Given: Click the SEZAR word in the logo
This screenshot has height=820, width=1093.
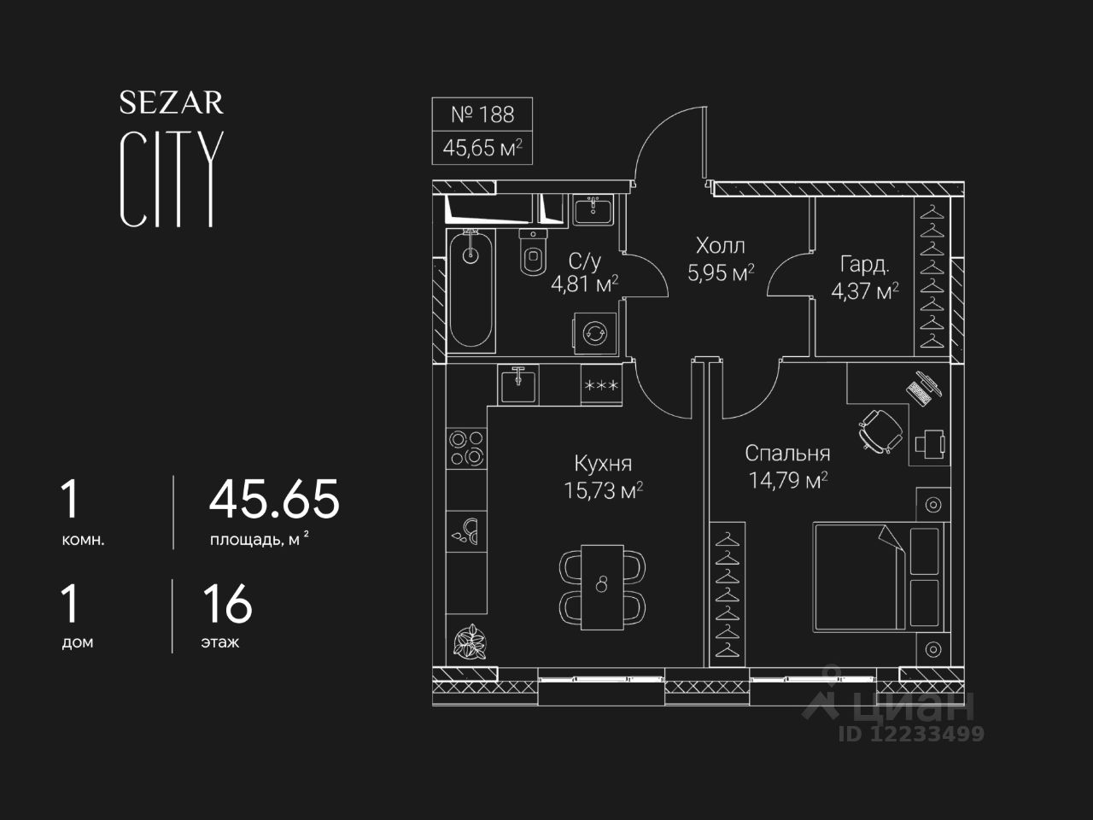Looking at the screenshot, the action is pyautogui.click(x=171, y=103).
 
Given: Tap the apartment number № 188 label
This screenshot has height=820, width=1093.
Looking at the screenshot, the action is pyautogui.click(x=482, y=114).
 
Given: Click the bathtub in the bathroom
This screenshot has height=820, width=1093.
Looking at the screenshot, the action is pyautogui.click(x=470, y=289).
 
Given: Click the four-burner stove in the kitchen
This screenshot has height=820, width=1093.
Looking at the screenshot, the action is pyautogui.click(x=466, y=448).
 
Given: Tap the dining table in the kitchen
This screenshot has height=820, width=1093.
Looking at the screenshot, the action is pyautogui.click(x=602, y=585).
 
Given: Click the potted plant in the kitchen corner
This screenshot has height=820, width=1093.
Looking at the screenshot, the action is pyautogui.click(x=468, y=640).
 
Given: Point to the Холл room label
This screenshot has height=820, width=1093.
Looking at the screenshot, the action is pyautogui.click(x=720, y=246).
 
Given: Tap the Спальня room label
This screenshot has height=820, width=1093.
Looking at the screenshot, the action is pyautogui.click(x=786, y=453).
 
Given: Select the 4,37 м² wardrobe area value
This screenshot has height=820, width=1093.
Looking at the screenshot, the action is pyautogui.click(x=864, y=291).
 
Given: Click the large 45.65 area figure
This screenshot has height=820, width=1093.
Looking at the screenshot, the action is pyautogui.click(x=274, y=499).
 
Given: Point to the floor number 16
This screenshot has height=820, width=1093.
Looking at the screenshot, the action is pyautogui.click(x=227, y=604).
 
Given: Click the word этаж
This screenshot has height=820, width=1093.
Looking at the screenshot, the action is pyautogui.click(x=220, y=642).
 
